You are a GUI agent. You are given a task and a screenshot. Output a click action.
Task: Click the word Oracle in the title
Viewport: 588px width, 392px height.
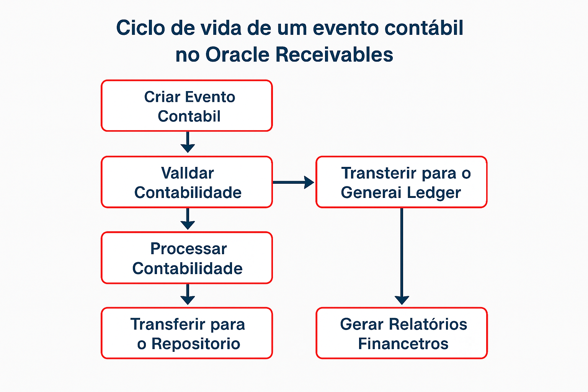point(237,54)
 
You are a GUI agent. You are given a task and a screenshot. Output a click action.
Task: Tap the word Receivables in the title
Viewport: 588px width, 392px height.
point(334,54)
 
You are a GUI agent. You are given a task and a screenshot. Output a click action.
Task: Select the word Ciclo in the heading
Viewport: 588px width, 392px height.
point(140,28)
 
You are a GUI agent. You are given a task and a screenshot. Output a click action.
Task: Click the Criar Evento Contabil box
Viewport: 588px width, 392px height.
point(187,106)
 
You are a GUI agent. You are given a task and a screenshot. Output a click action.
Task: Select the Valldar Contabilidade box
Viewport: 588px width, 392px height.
point(187,182)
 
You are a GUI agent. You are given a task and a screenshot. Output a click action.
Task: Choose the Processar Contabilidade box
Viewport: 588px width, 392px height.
point(187,258)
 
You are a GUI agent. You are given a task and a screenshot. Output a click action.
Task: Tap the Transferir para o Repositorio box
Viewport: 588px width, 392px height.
point(187,333)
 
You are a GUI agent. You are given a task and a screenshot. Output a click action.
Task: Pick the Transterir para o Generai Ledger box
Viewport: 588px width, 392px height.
point(401,182)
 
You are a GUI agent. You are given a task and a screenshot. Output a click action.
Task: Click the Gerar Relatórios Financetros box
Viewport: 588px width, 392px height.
point(402,333)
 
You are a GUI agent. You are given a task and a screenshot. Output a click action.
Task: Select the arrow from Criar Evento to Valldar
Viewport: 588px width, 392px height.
point(188,142)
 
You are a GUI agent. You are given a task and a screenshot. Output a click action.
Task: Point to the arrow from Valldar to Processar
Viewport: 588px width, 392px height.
point(188,219)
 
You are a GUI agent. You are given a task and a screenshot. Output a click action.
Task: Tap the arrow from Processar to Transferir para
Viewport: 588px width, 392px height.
point(188,294)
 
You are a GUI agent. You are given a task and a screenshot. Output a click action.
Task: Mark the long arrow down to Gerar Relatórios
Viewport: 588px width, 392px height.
point(402,256)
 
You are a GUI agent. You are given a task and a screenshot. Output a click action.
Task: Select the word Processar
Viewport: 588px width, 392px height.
point(188,249)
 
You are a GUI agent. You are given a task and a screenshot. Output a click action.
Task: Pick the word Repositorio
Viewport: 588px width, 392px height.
point(196,343)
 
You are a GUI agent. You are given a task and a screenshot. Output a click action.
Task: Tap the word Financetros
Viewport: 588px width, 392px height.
point(403,343)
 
